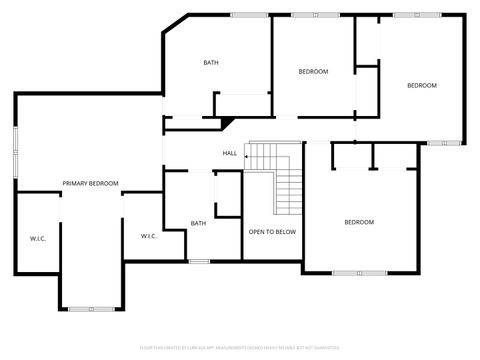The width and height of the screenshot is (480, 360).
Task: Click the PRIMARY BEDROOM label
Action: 90,183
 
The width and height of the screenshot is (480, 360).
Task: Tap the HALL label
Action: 229,153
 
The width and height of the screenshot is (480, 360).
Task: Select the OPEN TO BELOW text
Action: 272,231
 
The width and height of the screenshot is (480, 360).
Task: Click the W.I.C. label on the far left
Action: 38,238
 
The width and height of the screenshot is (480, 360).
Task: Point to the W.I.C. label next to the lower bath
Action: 149,236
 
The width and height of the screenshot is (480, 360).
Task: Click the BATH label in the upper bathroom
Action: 211,63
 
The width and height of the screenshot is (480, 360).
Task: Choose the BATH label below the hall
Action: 198,223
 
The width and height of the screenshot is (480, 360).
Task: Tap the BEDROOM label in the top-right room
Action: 421,85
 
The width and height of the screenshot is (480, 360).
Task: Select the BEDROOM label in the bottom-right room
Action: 359,222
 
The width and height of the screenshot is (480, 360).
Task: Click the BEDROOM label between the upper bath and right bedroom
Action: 314,71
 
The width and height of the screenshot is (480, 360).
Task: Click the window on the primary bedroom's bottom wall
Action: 91,308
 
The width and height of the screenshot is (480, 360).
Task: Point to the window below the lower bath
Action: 199,261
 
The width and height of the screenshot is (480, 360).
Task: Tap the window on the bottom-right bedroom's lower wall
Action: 359,272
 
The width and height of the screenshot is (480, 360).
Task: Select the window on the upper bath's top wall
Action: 248,14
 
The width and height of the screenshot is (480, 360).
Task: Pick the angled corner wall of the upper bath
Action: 175,23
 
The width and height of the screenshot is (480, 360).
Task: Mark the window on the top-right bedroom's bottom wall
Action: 441,142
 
